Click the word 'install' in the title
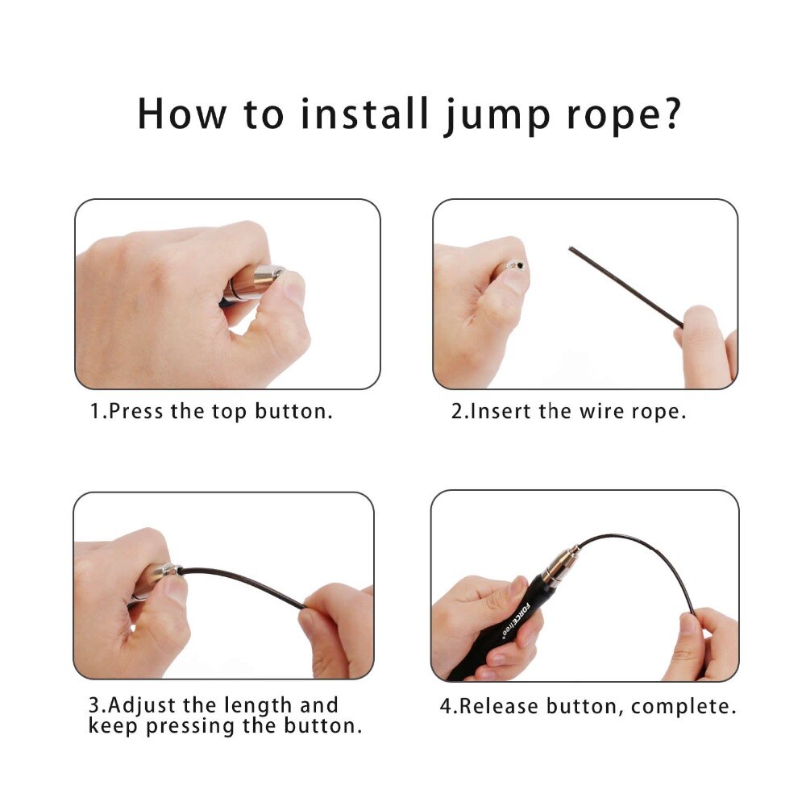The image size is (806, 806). (365, 113)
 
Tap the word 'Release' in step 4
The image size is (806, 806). (500, 707)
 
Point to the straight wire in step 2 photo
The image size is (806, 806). (625, 287)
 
